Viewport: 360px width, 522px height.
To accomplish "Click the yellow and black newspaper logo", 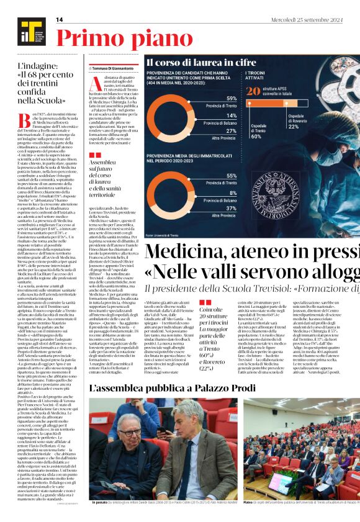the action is click(x=27, y=29).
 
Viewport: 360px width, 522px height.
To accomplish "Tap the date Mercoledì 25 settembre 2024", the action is click(x=322, y=20).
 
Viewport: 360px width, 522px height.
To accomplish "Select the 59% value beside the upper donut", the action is click(x=231, y=99).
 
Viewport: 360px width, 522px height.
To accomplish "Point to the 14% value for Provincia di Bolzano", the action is click(x=231, y=115).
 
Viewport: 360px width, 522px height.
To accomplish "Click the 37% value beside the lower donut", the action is click(x=231, y=209).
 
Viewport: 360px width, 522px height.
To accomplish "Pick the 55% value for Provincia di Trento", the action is click(x=231, y=176).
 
